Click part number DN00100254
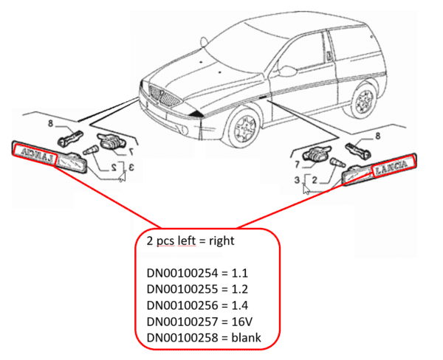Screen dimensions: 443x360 (x=182, y=273)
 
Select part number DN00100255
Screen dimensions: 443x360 (x=182, y=289)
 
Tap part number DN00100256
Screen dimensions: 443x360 (x=182, y=305)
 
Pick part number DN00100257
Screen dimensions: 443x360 (x=182, y=322)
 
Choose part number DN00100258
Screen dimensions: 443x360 (x=182, y=338)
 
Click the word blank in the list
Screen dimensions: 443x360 (x=246, y=338)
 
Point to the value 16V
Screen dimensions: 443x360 (x=242, y=322)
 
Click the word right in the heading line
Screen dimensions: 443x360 (x=221, y=241)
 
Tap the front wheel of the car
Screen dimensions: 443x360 (x=244, y=126)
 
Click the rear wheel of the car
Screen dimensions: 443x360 (x=365, y=100)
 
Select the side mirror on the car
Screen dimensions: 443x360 (x=286, y=71)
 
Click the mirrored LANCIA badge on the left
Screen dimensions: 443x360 (x=35, y=154)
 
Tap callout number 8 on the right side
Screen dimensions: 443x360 (x=378, y=136)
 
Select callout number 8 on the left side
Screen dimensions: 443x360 (x=50, y=123)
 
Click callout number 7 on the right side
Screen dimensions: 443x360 (x=297, y=165)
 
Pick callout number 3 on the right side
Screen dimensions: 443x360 (x=297, y=180)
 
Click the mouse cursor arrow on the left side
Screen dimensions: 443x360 (x=122, y=177)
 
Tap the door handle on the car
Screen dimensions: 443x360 (x=329, y=55)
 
